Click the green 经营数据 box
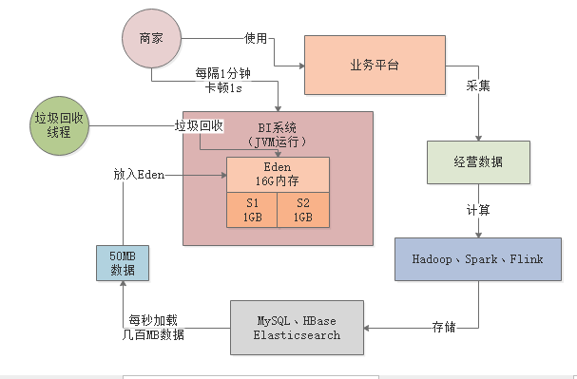[477, 161]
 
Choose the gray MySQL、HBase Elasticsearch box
[298, 328]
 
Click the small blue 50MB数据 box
[122, 263]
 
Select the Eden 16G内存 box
[278, 174]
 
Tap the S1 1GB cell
[252, 210]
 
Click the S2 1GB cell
[303, 210]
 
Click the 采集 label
[477, 111]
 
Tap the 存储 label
[444, 328]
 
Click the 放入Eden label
[139, 175]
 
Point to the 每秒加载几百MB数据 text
[154, 328]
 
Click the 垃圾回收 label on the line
[199, 125]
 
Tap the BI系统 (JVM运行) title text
[279, 133]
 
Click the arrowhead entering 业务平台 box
[300, 66]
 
